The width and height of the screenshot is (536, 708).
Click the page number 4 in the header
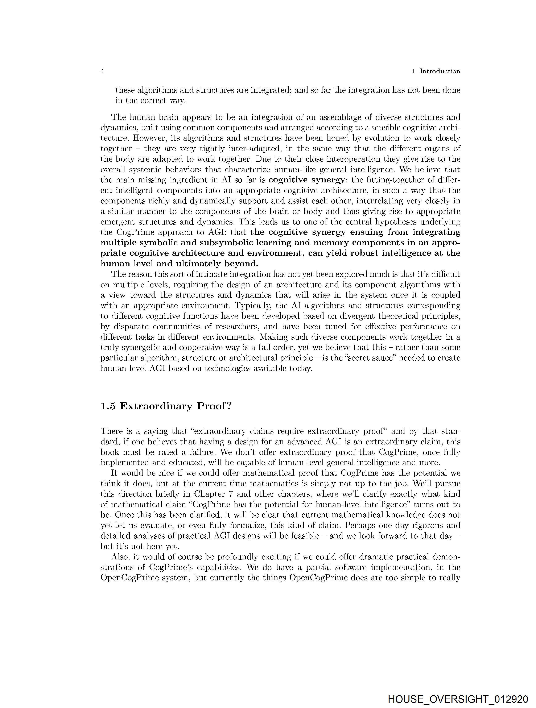102,71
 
